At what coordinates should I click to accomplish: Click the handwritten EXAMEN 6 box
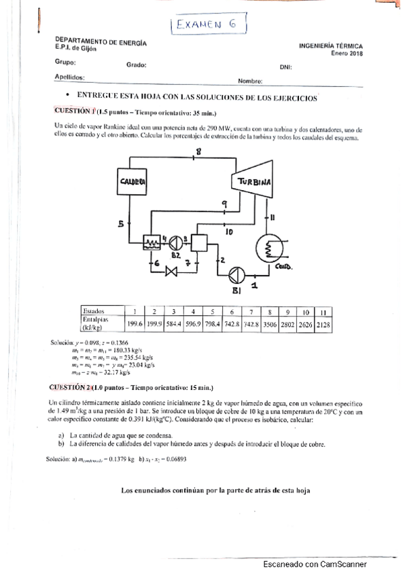(x=207, y=26)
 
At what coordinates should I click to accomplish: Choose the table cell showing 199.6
(x=135, y=325)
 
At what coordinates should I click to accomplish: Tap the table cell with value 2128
(x=323, y=325)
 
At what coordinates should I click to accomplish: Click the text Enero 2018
(x=347, y=53)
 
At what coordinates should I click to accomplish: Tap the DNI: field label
(x=285, y=67)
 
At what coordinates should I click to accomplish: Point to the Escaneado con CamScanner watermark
(x=315, y=564)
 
